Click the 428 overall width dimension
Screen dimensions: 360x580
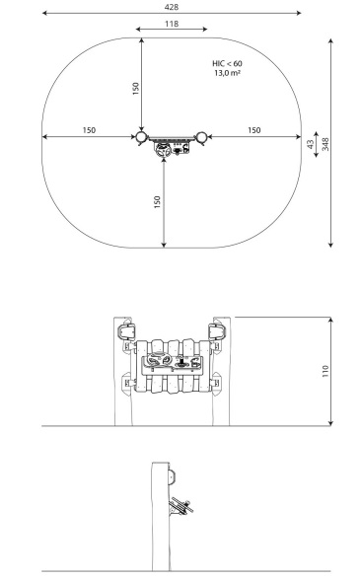[172, 7]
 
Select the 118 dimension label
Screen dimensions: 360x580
[172, 24]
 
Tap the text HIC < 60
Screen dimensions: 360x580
[227, 63]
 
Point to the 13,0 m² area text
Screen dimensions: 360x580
[227, 73]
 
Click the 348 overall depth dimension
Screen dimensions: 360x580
[325, 144]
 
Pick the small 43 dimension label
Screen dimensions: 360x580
[311, 144]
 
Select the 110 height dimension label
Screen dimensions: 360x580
[325, 371]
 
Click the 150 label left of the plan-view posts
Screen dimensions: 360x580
[89, 130]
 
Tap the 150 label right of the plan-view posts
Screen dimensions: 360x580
[254, 130]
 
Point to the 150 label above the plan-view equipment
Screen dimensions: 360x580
[136, 89]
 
